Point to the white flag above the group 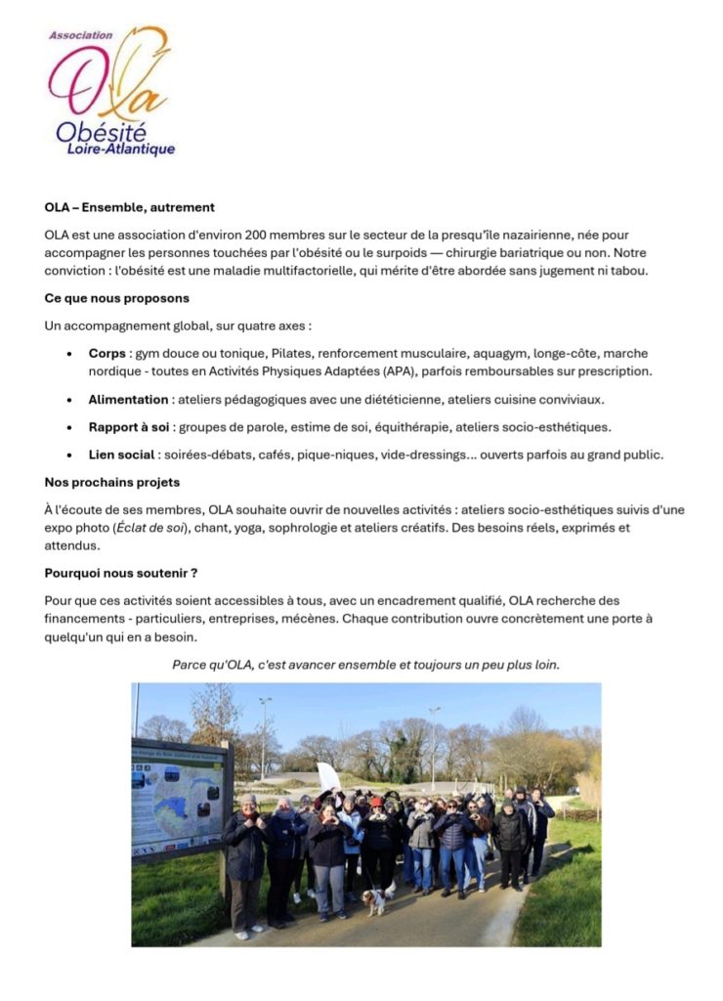[x=328, y=776]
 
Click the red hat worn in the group [x=376, y=802]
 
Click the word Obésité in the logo [x=102, y=130]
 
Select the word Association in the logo [x=80, y=35]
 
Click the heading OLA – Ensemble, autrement [x=129, y=207]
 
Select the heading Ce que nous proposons [x=116, y=298]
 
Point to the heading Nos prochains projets [x=111, y=482]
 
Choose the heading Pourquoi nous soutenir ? [x=121, y=574]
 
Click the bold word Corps [x=107, y=353]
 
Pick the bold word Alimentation [x=128, y=399]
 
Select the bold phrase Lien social [x=121, y=455]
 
